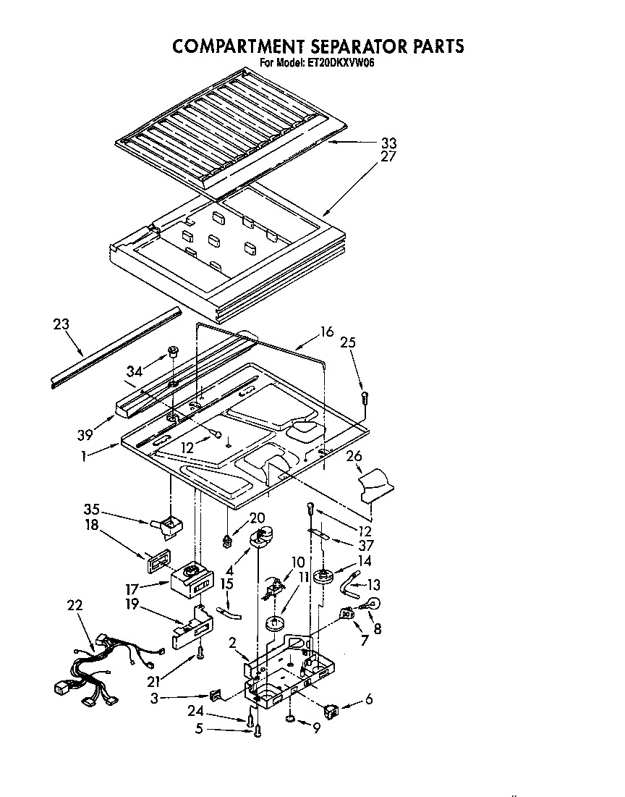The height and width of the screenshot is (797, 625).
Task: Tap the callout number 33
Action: point(389,143)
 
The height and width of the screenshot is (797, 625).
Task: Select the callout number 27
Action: point(389,156)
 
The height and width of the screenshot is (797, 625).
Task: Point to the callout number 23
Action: point(61,324)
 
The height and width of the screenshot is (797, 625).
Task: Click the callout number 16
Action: point(327,332)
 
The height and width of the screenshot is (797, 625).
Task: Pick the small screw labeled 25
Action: point(365,397)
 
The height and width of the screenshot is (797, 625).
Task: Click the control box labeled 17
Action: point(192,578)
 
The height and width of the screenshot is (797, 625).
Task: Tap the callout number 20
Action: point(258,518)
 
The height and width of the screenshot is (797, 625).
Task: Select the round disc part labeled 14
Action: point(323,577)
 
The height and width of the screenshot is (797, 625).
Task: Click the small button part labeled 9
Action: point(289,720)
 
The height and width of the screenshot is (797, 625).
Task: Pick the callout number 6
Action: point(369,701)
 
